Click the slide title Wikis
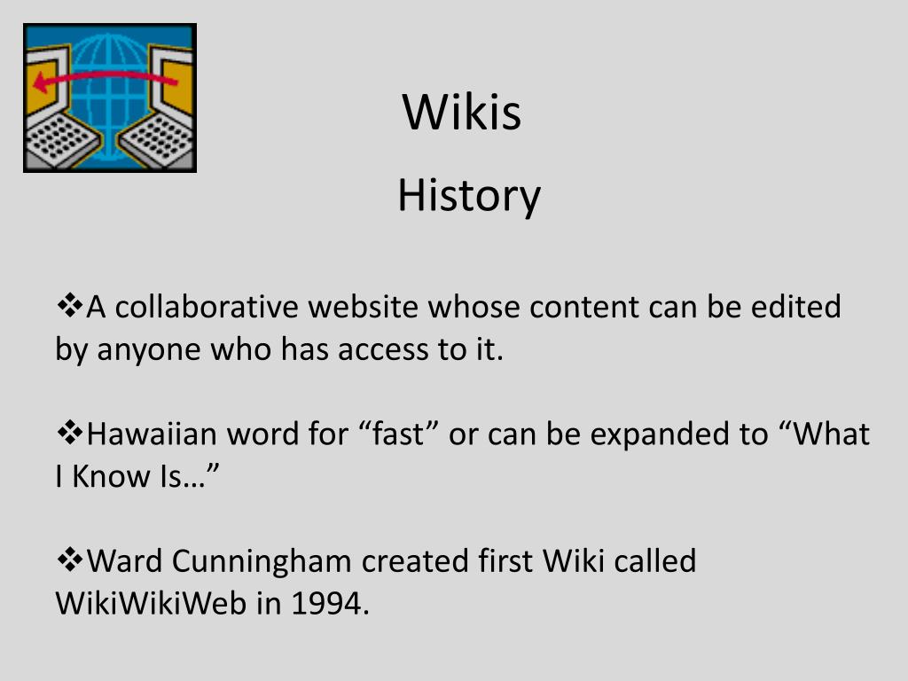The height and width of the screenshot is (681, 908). coord(462,113)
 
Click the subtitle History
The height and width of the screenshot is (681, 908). coord(468,195)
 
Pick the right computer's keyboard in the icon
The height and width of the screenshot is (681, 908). coord(159,142)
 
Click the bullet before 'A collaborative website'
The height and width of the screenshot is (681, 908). coord(69,307)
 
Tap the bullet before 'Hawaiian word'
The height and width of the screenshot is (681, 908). coord(69,434)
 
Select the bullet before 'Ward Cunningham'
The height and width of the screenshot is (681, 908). coord(69,560)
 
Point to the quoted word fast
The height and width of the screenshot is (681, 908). coord(398,434)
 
